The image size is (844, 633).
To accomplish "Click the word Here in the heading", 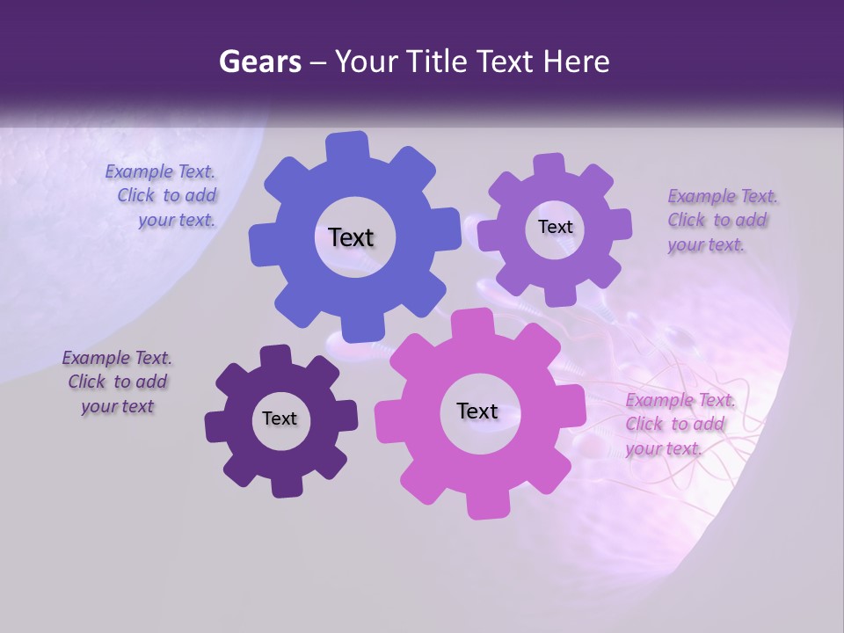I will pyautogui.click(x=578, y=62).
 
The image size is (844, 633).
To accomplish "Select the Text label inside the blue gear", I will pyautogui.click(x=351, y=237).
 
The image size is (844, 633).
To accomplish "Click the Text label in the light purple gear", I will pyautogui.click(x=555, y=227).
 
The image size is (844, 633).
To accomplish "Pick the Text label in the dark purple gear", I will pyautogui.click(x=280, y=418).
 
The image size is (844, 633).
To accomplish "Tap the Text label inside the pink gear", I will pyautogui.click(x=477, y=411).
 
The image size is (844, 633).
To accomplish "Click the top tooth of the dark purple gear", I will pyautogui.click(x=276, y=356).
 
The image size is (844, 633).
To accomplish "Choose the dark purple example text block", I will pyautogui.click(x=117, y=382).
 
